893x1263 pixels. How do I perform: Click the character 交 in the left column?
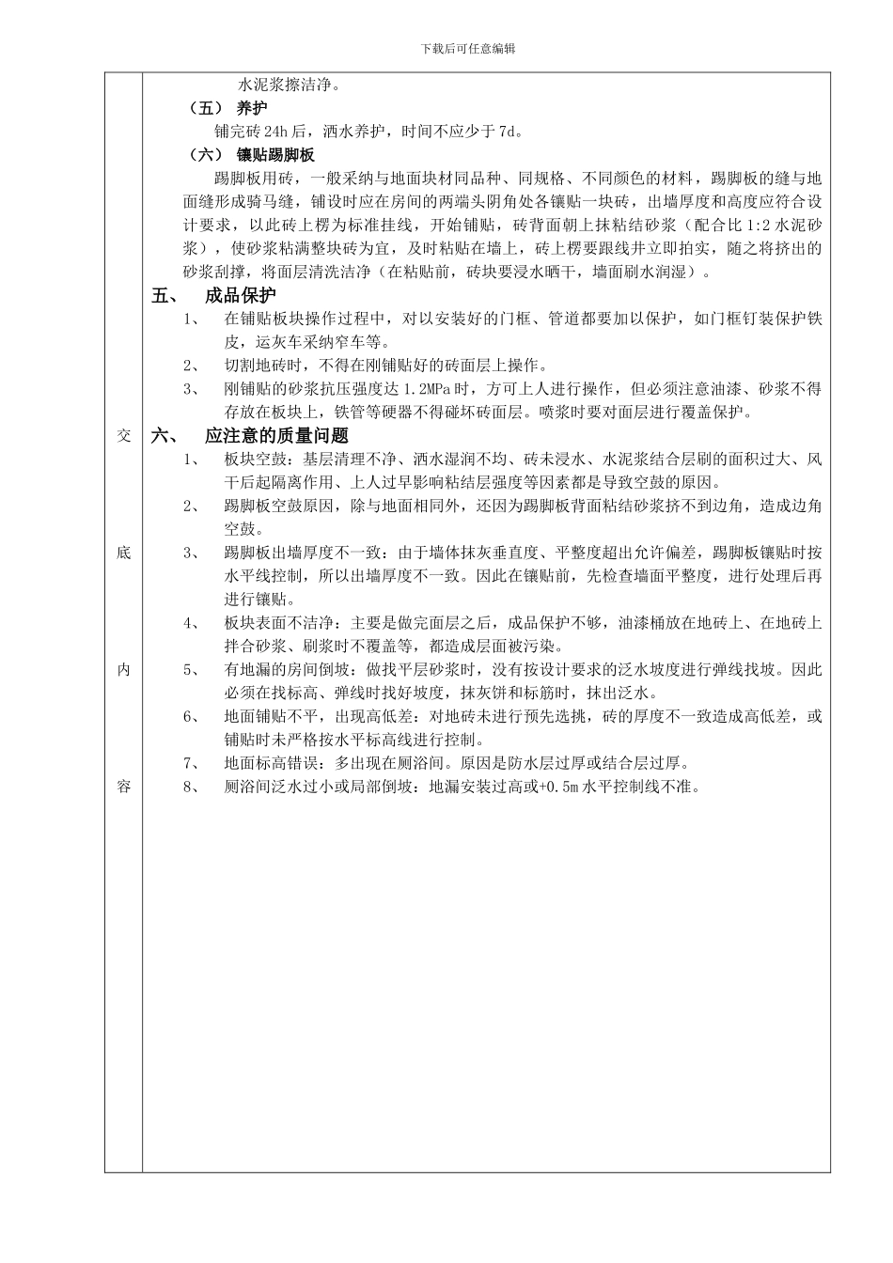[123, 436]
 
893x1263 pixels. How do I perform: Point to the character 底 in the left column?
[123, 553]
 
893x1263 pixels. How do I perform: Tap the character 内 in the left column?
[123, 669]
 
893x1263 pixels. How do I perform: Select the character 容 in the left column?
[123, 787]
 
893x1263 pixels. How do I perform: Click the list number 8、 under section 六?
[191, 787]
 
